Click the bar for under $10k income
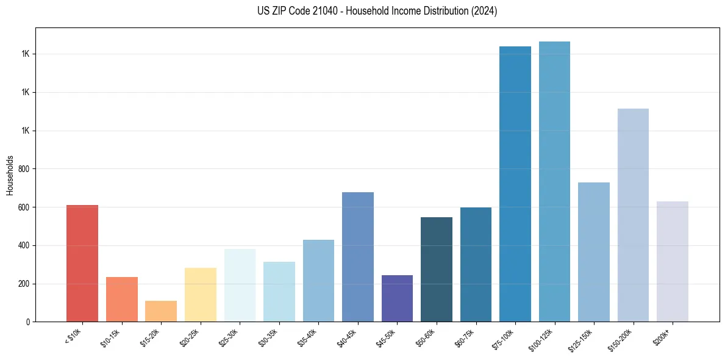tap(82, 263)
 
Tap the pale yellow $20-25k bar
tap(200, 295)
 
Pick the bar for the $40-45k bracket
tap(357, 257)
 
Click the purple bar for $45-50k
tap(397, 298)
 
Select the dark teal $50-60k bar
tap(437, 269)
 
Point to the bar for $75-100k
tap(515, 184)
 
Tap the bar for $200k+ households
tap(672, 261)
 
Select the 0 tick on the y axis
tap(29, 322)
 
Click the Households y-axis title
tap(10, 175)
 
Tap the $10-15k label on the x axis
tap(110, 337)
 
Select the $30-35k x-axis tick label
tap(268, 337)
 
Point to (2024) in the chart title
tap(485, 11)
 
